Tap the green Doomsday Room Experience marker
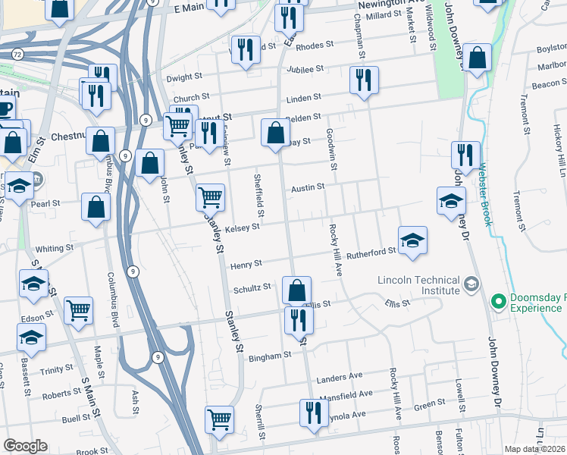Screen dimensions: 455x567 click(x=498, y=302)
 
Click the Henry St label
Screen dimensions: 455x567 click(x=246, y=263)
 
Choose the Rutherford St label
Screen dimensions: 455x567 click(x=371, y=253)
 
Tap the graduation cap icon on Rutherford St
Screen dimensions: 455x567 click(x=412, y=240)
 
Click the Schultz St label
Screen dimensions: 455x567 click(x=252, y=288)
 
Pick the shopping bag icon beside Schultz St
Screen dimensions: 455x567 click(x=296, y=290)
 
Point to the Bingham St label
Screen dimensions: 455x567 click(x=271, y=355)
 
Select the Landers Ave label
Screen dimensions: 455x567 click(x=340, y=377)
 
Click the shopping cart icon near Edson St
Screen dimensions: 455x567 click(x=78, y=310)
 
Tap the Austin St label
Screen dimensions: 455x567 click(x=309, y=187)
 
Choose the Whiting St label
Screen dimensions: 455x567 click(x=55, y=248)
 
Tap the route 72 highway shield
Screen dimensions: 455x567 click(x=17, y=55)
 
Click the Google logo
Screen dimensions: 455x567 click(x=25, y=446)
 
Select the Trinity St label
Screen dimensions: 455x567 click(x=57, y=369)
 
